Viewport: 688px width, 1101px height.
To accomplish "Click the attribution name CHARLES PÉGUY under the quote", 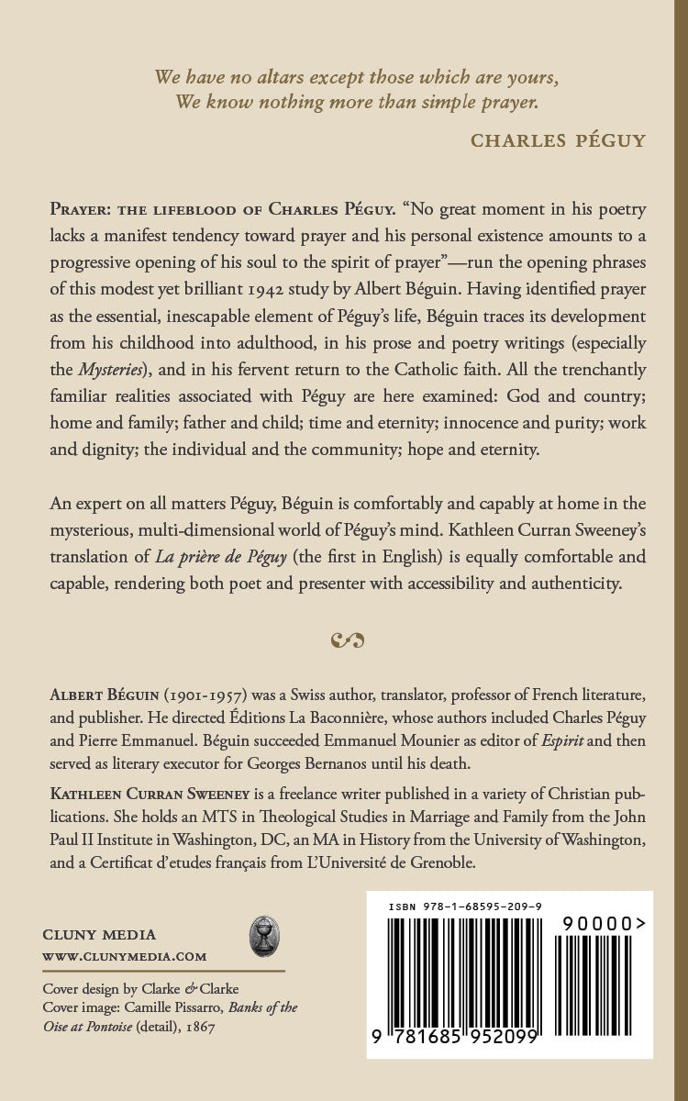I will coord(558,139).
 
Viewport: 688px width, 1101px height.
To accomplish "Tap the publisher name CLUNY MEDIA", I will coord(100,934).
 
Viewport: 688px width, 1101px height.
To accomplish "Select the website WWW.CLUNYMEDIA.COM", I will coord(125,956).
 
